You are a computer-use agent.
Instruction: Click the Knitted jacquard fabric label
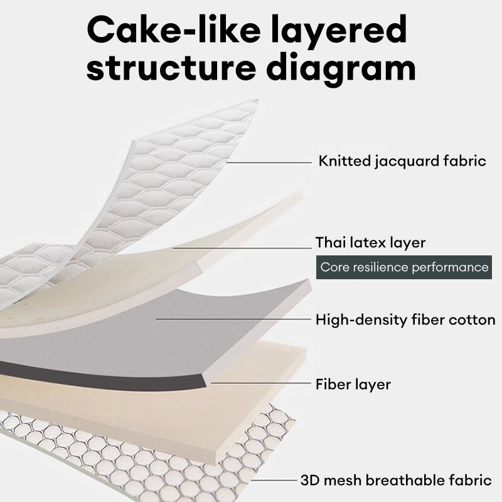coord(402,161)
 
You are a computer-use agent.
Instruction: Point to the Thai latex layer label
coord(370,242)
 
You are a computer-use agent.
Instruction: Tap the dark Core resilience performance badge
coord(404,267)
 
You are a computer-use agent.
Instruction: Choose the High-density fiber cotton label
coord(405,320)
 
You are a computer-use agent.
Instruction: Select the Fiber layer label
coord(353,383)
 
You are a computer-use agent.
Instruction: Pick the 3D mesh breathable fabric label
coord(395,481)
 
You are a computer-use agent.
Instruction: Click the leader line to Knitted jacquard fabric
coord(270,162)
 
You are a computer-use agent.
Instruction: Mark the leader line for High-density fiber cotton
coord(232,319)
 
